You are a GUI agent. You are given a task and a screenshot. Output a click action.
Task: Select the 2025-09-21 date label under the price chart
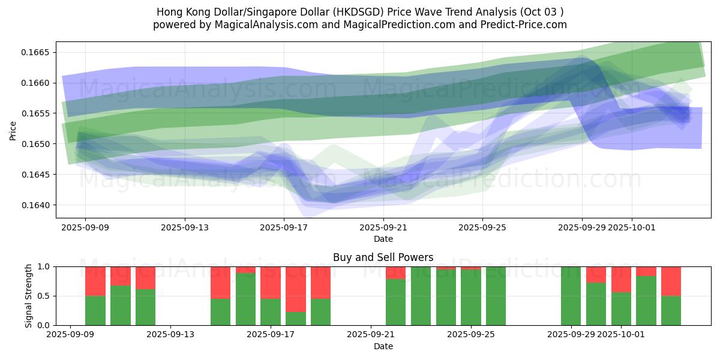(383, 228)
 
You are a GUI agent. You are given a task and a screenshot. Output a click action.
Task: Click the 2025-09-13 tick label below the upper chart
(185, 228)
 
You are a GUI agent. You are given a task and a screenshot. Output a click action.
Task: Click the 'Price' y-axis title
(13, 130)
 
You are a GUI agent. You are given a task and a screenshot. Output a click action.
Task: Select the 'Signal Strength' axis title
(29, 296)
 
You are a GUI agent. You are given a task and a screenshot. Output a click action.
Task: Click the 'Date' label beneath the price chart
(383, 239)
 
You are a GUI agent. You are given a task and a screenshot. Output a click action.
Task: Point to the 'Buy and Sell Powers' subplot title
(383, 257)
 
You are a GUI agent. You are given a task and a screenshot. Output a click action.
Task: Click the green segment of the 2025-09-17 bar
(271, 312)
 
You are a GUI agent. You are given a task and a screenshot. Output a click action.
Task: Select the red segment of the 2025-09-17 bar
(271, 282)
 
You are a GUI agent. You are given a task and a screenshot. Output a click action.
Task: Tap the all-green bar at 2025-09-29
(571, 296)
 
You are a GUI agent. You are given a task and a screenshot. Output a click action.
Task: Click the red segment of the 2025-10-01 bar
(621, 279)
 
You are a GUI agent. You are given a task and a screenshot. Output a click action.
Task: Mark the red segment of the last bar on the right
(671, 281)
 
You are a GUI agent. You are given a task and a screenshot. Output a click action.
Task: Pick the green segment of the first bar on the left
(95, 311)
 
